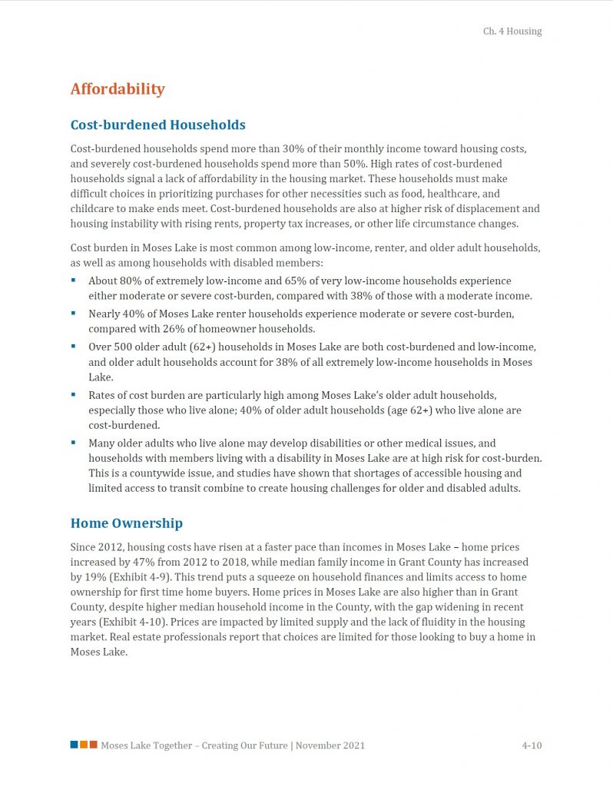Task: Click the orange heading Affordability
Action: [118, 89]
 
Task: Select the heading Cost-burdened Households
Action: [157, 125]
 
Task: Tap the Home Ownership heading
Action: [126, 523]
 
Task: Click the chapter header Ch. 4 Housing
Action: [512, 32]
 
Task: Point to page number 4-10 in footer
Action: [532, 745]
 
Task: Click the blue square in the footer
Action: [74, 745]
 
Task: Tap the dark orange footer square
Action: [93, 745]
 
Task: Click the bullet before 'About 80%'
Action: [74, 281]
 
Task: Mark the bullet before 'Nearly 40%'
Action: [74, 314]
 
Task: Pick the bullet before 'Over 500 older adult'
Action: [74, 347]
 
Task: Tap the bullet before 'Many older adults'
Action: [74, 443]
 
